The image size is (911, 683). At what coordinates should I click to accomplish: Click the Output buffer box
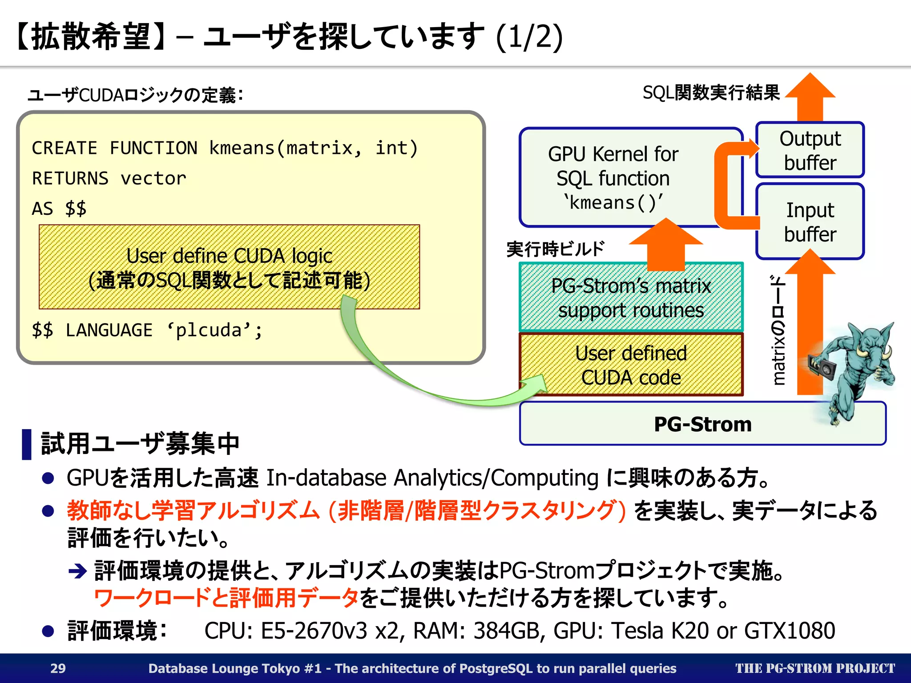pyautogui.click(x=810, y=150)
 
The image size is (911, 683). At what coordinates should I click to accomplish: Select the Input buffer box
pyautogui.click(x=810, y=221)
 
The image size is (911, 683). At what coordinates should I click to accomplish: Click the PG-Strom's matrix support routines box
pyautogui.click(x=631, y=297)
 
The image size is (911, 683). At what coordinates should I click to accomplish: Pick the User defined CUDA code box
pyautogui.click(x=631, y=365)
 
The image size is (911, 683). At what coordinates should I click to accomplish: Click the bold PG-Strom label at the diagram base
pyautogui.click(x=702, y=424)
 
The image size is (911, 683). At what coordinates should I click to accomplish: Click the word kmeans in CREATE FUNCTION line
pyautogui.click(x=242, y=148)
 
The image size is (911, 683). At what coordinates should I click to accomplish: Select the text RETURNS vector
pyautogui.click(x=109, y=178)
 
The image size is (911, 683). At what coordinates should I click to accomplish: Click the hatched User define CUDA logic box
pyautogui.click(x=229, y=267)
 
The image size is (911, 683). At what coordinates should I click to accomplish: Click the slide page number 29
pyautogui.click(x=58, y=668)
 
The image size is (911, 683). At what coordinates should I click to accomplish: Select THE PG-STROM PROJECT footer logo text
pyautogui.click(x=814, y=668)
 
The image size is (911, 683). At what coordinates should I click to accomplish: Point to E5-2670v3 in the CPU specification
pyautogui.click(x=314, y=631)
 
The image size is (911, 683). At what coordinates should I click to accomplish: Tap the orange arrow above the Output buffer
pyautogui.click(x=810, y=96)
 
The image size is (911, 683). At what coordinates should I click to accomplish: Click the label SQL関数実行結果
pyautogui.click(x=711, y=92)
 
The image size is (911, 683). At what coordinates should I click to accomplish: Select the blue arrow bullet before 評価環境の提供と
pyautogui.click(x=78, y=571)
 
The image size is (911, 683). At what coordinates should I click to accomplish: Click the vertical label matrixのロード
pyautogui.click(x=778, y=329)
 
